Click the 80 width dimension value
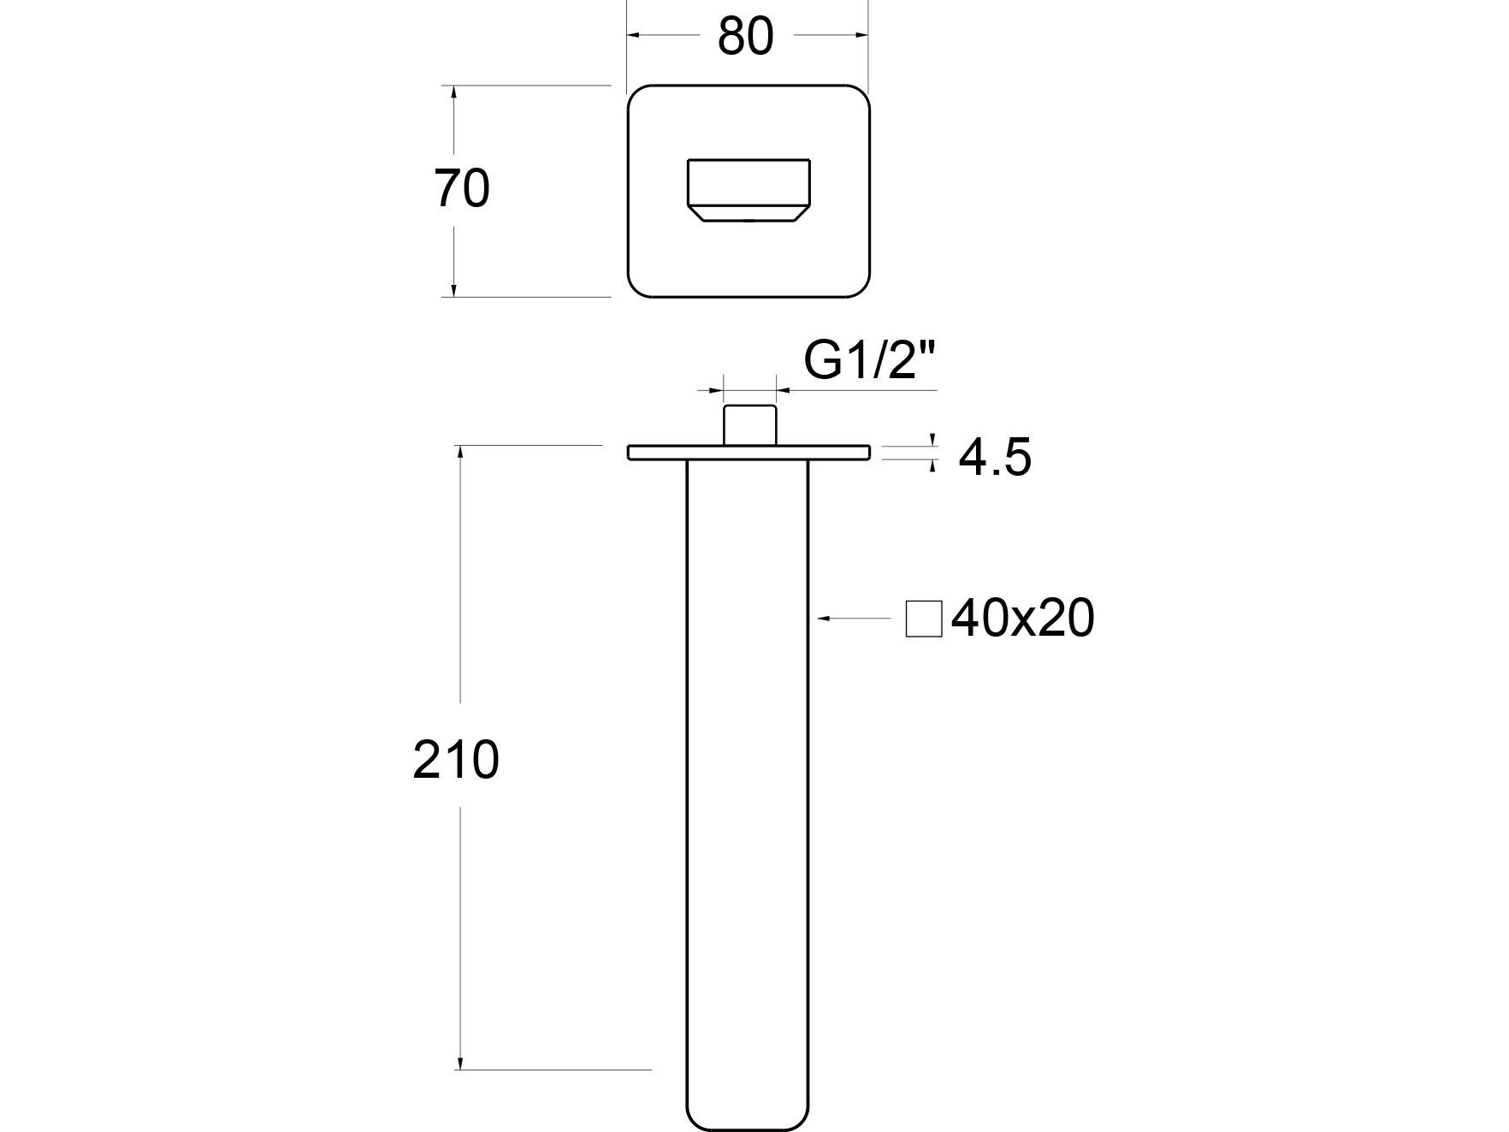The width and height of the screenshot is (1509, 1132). (x=745, y=37)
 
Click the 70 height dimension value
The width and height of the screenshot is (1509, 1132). (x=462, y=189)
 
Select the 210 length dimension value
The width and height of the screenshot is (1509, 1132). (x=455, y=760)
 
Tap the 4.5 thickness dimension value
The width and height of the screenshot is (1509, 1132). (x=995, y=458)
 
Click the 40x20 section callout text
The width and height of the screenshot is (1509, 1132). (x=1022, y=618)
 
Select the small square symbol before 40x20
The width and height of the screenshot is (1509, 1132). (x=924, y=619)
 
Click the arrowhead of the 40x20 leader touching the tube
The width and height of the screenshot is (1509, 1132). (x=821, y=617)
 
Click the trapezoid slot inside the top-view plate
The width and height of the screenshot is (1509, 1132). (x=749, y=190)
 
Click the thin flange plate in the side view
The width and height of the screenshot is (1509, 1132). (x=749, y=452)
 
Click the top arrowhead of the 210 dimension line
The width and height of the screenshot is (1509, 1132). (x=462, y=452)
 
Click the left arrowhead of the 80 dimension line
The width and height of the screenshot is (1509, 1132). (x=635, y=35)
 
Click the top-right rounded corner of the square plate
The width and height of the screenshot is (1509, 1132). (x=862, y=93)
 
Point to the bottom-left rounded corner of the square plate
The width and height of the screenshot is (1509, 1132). (x=636, y=289)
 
